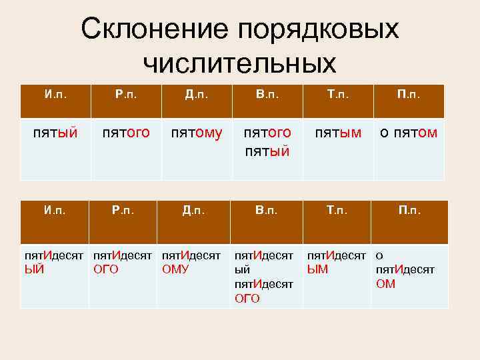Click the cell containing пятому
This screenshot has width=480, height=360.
[197, 134]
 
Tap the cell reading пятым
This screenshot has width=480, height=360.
[337, 134]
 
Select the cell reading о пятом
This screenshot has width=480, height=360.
[409, 134]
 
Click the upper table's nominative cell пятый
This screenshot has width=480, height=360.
[55, 134]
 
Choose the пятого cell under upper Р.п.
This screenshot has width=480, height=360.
[126, 134]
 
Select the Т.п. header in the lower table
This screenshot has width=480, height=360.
[337, 211]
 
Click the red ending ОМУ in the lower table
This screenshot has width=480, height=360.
[175, 269]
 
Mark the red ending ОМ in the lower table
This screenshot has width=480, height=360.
[386, 284]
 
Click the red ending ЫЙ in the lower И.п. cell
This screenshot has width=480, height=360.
[34, 269]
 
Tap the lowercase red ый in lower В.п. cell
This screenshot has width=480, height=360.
[242, 269]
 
